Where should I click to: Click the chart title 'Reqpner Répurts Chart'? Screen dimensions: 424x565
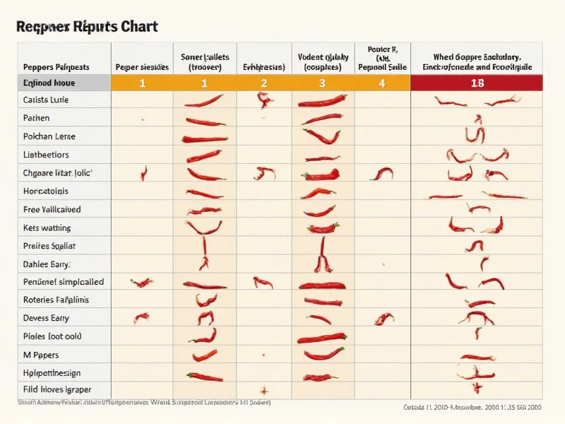pos(86,27)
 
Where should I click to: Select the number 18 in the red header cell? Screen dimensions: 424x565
pos(477,83)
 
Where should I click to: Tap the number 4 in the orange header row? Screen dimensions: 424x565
pos(382,83)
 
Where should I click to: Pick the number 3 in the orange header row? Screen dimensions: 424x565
pos(322,83)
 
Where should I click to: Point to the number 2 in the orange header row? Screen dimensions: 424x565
pos(263,83)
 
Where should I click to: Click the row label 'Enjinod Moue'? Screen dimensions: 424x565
pos(49,83)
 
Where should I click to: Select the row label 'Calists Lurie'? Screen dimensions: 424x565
pos(47,100)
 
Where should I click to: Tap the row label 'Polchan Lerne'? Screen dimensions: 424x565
pos(49,136)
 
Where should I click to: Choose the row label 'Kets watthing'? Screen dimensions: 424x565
pos(47,228)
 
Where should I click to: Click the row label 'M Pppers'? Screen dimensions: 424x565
pos(41,355)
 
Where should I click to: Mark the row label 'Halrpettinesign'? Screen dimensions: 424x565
pos(52,372)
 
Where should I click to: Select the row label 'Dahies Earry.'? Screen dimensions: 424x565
pos(47,264)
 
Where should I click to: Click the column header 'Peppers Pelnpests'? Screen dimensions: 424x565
pos(56,67)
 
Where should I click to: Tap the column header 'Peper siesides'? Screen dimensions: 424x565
pos(142,67)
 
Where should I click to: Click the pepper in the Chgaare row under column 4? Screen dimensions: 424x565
pos(381,173)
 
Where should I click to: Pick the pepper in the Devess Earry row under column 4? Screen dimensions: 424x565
pos(383,319)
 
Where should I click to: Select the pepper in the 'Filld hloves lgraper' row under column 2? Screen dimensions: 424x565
pos(263,389)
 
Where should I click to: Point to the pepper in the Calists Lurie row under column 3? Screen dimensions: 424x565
pos(322,102)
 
